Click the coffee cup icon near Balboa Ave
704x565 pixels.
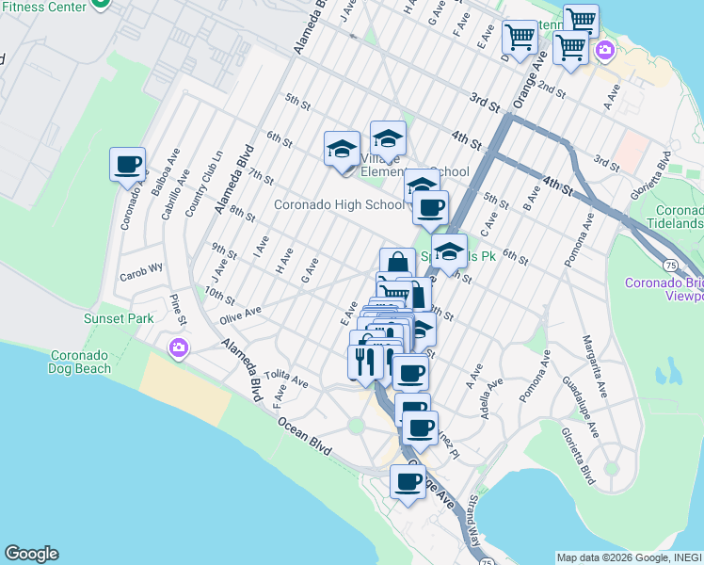click(128, 165)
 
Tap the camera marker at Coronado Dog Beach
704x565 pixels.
click(178, 349)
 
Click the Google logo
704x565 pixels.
click(31, 554)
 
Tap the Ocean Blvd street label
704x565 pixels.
click(304, 436)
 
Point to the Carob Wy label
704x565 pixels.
click(141, 266)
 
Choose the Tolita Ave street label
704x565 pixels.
click(286, 379)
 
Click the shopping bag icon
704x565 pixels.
click(397, 264)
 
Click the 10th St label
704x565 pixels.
click(218, 297)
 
